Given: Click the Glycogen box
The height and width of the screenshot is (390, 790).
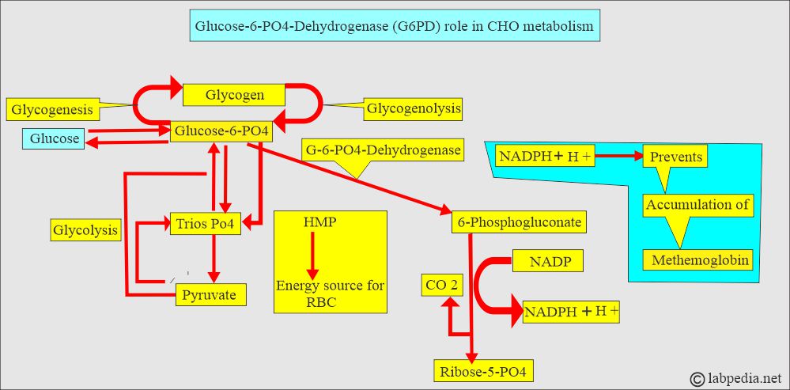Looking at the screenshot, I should click(x=234, y=95).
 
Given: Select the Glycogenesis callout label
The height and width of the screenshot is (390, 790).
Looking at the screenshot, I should click(x=51, y=108).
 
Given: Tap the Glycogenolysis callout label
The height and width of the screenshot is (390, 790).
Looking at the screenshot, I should click(x=413, y=108).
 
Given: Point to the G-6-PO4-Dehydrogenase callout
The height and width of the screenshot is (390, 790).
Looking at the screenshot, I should click(x=382, y=149).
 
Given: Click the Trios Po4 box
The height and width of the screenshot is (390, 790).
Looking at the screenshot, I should click(x=206, y=224).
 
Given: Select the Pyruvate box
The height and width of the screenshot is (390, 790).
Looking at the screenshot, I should click(x=210, y=296).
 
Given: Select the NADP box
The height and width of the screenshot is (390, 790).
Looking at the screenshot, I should click(x=548, y=260).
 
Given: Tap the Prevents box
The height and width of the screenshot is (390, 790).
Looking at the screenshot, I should click(x=675, y=157).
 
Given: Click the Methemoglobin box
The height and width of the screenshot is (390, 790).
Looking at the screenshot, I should click(x=699, y=259).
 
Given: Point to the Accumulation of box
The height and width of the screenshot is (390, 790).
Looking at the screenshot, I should click(x=698, y=205).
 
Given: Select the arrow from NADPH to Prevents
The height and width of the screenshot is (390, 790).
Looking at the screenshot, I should click(x=618, y=157).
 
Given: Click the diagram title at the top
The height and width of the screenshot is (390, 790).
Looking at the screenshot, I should click(x=393, y=27).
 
